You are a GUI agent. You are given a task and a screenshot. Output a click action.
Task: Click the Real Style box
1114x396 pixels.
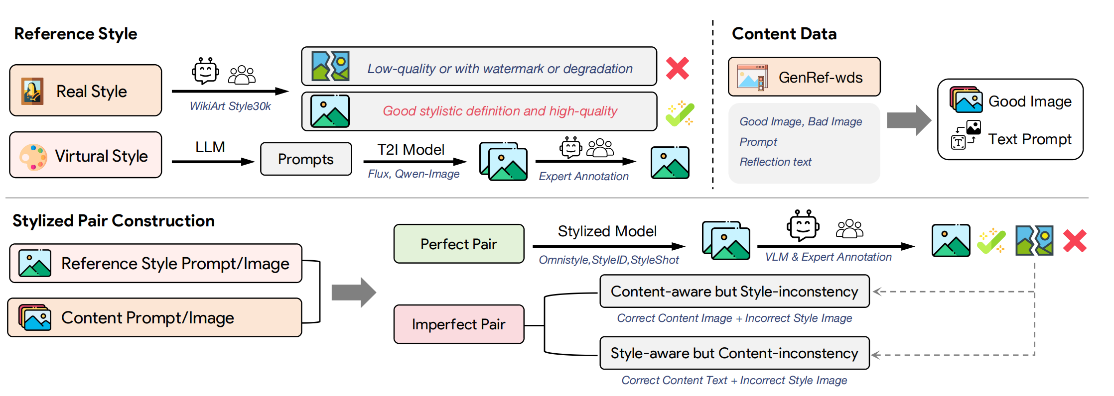(x=86, y=91)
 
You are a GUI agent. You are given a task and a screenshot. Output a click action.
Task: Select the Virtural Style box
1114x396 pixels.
(x=86, y=155)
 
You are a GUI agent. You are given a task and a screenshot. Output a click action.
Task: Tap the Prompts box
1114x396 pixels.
(x=306, y=159)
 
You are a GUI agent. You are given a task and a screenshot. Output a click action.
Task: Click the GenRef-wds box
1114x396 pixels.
(x=804, y=77)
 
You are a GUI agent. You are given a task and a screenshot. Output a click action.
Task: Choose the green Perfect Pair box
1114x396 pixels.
(x=458, y=244)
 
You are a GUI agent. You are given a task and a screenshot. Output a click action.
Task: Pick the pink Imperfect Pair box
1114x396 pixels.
(x=458, y=324)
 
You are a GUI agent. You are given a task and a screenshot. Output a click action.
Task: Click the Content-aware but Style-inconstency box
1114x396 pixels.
(x=734, y=292)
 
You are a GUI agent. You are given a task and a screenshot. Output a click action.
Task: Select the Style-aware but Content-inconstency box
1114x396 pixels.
(x=734, y=353)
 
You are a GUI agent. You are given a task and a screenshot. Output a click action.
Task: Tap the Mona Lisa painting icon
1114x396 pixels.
(x=32, y=91)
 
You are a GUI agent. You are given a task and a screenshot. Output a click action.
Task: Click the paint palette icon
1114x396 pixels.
(x=33, y=157)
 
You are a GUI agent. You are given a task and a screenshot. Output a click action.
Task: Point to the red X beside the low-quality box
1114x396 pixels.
(x=678, y=68)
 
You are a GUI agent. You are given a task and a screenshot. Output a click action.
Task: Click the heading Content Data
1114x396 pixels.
(x=784, y=34)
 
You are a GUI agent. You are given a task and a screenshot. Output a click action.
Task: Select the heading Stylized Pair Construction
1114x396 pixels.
(x=114, y=221)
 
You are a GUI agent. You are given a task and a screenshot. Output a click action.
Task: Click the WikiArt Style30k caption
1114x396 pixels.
(x=230, y=106)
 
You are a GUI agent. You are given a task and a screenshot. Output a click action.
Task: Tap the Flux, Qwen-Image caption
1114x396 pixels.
(x=414, y=174)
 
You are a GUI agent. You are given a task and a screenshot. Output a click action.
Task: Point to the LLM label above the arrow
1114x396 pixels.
(x=210, y=147)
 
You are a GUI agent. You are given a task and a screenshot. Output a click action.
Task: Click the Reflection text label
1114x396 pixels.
(x=775, y=162)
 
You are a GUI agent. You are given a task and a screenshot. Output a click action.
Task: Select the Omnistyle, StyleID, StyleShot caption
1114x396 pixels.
(x=609, y=260)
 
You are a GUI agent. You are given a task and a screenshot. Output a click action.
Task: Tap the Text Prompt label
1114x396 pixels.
(x=1029, y=139)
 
